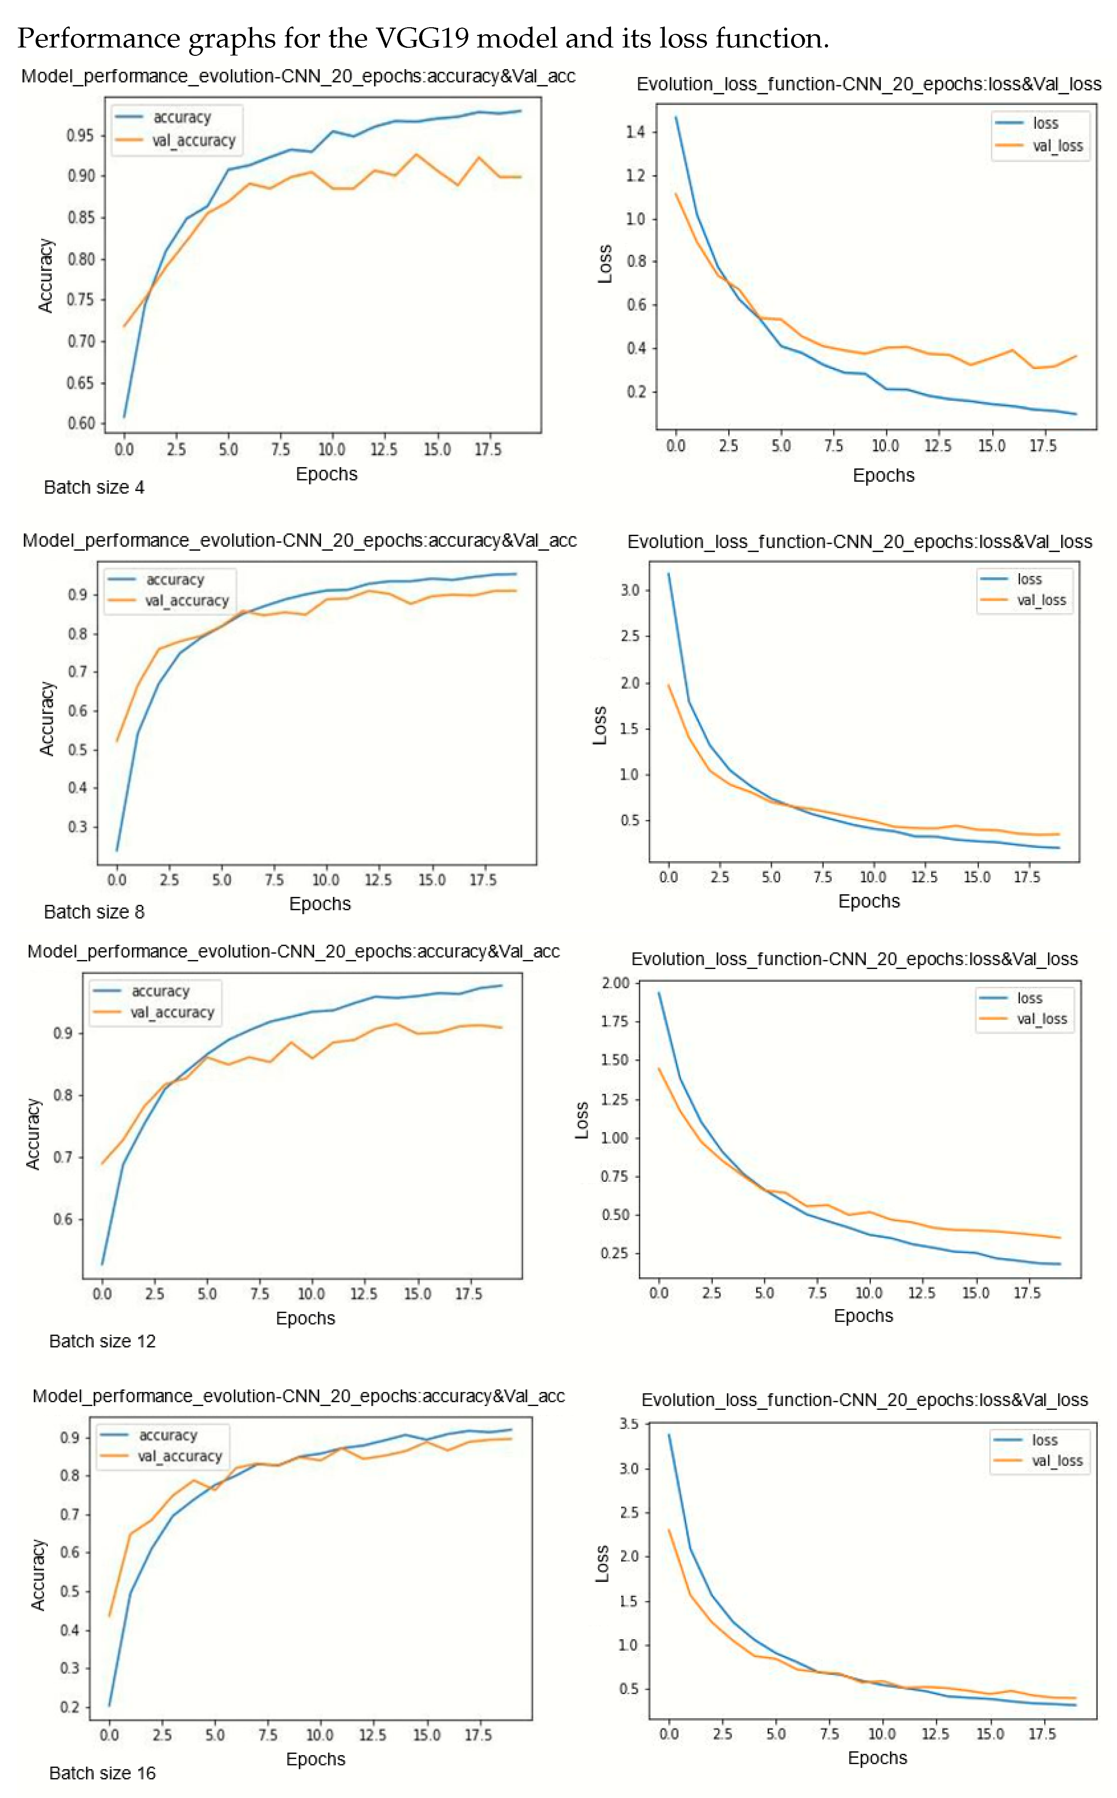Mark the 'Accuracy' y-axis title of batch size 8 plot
pos(46,718)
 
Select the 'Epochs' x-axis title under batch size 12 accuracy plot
pos(305,1318)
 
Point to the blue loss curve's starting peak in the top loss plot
pos(675,117)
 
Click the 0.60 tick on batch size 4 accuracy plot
pos(81,423)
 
